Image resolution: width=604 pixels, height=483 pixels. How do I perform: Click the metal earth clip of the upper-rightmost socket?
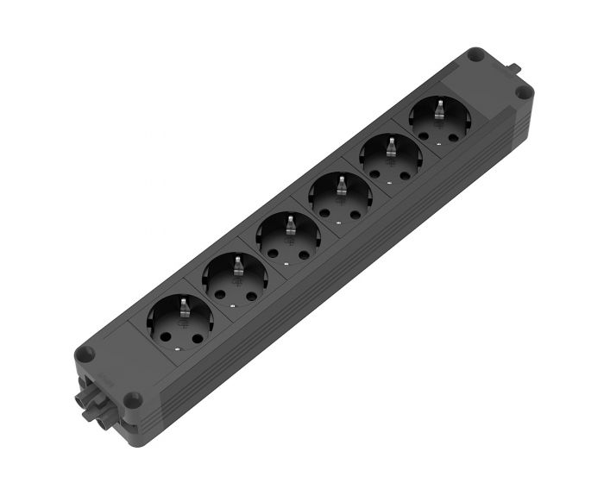click(x=437, y=107)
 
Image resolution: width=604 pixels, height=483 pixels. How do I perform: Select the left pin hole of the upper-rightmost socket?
click(x=424, y=135)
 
